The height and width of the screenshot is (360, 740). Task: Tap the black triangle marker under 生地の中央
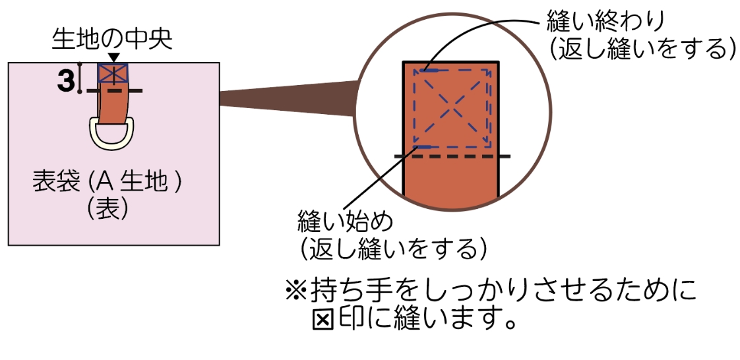tap(114, 58)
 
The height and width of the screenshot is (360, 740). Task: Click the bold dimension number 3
tap(66, 81)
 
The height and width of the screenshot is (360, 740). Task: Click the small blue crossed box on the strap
tap(114, 73)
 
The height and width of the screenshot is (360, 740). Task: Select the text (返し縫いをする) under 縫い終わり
tap(642, 51)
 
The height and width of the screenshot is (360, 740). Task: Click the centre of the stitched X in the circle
tap(452, 107)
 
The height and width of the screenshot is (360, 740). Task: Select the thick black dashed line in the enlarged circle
tap(452, 156)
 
